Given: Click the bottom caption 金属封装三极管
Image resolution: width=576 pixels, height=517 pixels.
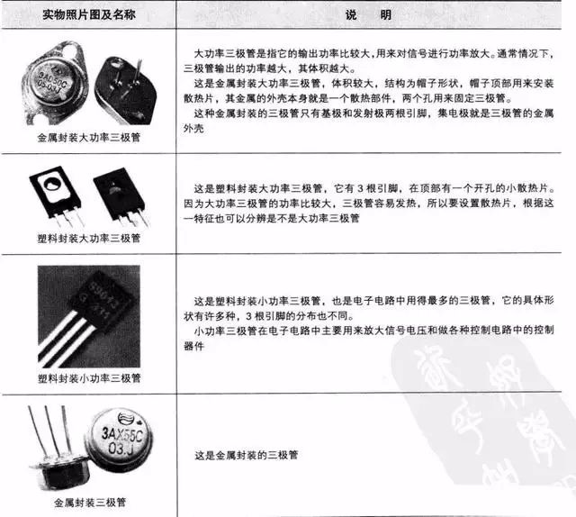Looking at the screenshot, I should coord(88,501).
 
